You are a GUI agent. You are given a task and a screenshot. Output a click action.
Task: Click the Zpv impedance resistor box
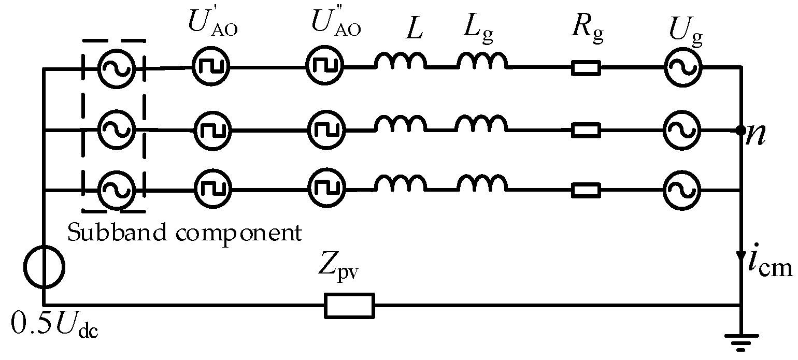349,305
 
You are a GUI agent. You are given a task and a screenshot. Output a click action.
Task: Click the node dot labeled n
740,129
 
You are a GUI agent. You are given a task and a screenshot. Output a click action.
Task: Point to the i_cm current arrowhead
740,257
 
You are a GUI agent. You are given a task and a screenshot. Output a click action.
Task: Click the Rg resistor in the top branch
586,68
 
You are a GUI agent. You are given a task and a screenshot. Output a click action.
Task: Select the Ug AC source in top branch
682,67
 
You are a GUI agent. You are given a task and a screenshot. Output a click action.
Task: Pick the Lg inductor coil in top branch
481,62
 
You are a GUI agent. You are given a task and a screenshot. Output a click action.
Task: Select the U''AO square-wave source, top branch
325,67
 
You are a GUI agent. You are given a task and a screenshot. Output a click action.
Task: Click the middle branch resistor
586,130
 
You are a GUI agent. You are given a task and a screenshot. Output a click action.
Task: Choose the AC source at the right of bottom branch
682,191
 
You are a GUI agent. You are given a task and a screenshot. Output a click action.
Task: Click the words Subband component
184,233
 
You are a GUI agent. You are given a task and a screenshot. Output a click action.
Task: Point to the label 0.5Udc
54,325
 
